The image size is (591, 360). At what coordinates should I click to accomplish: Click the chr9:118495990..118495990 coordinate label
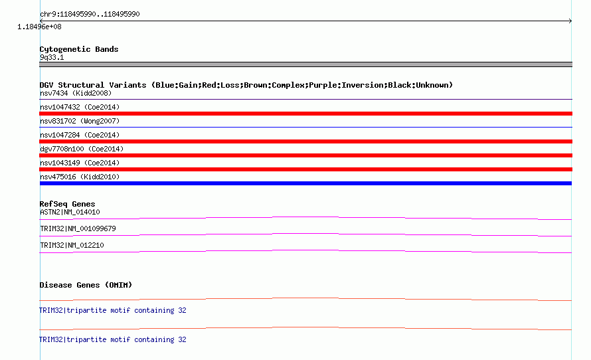90,15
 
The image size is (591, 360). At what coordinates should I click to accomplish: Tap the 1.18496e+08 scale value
39,27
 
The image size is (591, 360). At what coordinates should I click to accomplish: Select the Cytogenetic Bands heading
79,49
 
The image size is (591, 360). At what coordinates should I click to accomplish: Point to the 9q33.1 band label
52,57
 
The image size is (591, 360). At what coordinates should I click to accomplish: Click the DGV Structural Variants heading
246,85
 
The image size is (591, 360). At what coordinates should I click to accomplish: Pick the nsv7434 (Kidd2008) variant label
76,93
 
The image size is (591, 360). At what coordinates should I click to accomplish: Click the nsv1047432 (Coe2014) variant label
80,107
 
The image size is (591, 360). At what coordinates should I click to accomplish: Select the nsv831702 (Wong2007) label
80,121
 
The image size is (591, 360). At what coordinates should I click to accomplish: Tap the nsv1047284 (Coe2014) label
80,135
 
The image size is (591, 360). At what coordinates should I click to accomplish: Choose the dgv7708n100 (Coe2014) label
82,149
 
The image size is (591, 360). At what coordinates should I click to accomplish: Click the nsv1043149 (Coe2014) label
80,163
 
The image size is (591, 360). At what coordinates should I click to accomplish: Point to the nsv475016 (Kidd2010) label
80,177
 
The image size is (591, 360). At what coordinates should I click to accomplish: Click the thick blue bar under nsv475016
305,183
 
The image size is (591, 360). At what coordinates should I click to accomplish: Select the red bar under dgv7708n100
305,155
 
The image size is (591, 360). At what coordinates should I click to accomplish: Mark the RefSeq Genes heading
68,204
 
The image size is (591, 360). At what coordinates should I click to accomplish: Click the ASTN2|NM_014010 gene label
70,212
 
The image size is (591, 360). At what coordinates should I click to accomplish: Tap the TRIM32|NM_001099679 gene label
78,228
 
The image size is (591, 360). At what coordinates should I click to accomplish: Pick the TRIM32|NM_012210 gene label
72,245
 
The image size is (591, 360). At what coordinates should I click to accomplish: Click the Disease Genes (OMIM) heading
86,285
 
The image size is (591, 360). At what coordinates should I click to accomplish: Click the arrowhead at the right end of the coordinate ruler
571,21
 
